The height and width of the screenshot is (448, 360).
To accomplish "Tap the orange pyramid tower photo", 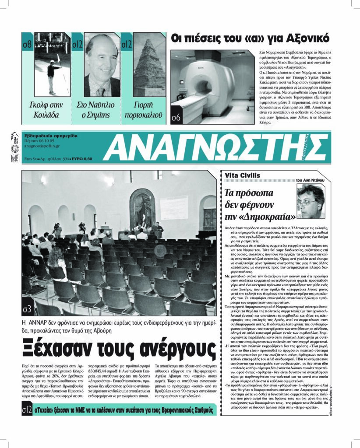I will click(148, 66).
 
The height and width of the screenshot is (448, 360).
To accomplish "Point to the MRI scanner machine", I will click(206, 87).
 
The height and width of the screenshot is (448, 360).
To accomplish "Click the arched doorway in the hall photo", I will click(142, 209).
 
